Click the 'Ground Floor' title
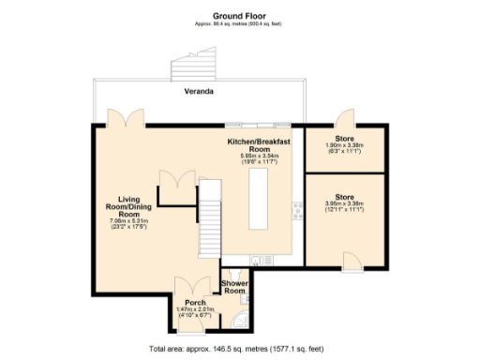pos(239,16)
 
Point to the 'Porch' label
pos(195,303)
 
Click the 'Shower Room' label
pos(232,287)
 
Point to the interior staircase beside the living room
pos(209,221)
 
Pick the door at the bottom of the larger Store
pos(351,260)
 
